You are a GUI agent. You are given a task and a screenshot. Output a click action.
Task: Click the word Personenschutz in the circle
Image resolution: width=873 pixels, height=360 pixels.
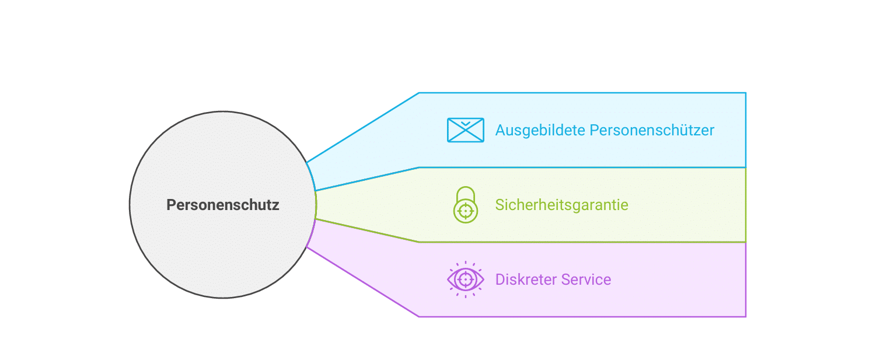click(222, 205)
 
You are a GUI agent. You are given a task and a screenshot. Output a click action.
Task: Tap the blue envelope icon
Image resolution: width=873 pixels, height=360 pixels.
click(465, 130)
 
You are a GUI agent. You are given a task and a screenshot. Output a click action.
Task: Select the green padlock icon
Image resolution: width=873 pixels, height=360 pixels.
click(465, 205)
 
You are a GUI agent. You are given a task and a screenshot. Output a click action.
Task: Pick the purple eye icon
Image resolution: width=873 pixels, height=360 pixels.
click(465, 279)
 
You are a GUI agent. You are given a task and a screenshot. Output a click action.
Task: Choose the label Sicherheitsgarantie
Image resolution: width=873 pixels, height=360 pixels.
click(561, 205)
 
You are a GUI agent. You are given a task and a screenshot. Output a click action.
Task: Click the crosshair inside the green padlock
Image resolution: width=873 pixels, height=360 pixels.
click(465, 211)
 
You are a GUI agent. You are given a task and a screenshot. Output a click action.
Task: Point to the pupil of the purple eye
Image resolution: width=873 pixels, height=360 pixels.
click(465, 279)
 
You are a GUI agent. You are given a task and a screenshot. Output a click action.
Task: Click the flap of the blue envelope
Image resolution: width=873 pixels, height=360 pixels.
click(465, 123)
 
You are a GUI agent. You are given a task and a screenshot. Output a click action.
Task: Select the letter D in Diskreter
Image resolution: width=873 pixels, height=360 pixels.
click(500, 279)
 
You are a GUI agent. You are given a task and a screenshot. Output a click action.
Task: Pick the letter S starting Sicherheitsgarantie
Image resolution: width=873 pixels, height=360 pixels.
click(500, 205)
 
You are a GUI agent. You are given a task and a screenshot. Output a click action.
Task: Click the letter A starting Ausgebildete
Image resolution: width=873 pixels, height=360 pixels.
click(500, 130)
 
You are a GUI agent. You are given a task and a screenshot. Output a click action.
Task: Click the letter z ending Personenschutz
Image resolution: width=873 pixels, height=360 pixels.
click(275, 205)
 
